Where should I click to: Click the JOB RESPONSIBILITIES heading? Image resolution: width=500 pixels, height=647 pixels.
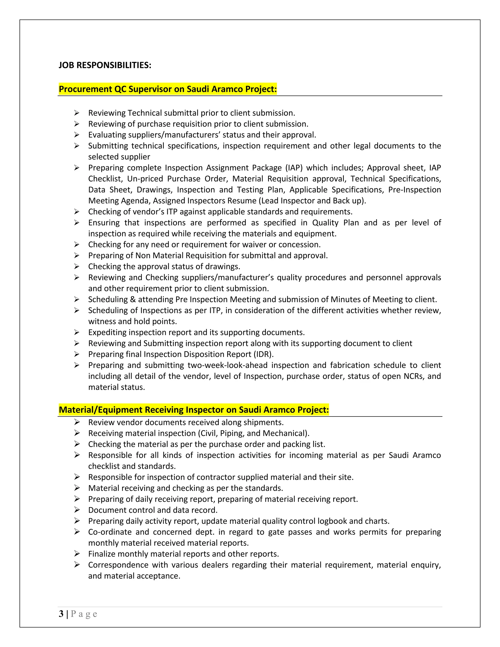[x=105, y=65]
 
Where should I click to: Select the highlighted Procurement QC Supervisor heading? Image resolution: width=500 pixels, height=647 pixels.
[x=168, y=89]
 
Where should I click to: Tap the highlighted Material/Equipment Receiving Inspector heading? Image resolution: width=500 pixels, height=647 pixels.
[x=194, y=410]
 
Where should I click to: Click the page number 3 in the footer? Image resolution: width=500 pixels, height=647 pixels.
[x=61, y=614]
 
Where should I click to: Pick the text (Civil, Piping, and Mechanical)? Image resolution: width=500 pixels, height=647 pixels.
[x=253, y=433]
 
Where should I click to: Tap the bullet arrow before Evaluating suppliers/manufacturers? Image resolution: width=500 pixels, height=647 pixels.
[x=77, y=135]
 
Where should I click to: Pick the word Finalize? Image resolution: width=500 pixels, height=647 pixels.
[x=103, y=554]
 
